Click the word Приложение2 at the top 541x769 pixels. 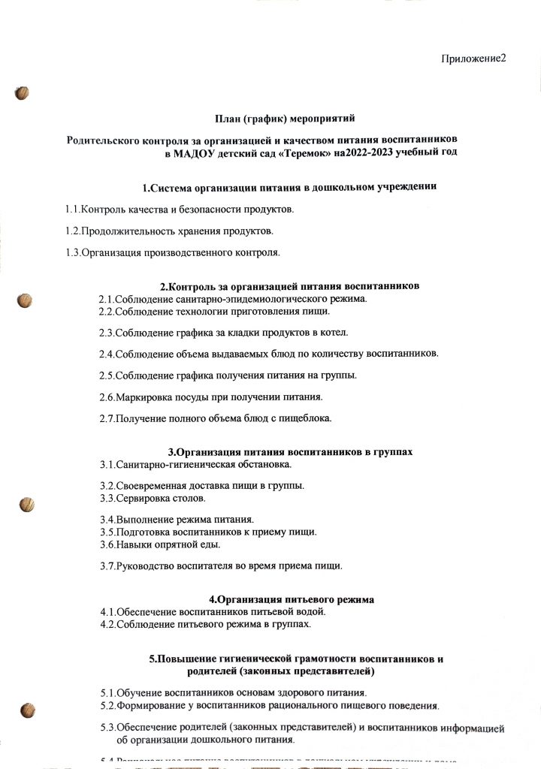473,59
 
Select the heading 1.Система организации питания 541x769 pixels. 290,187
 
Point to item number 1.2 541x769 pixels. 72,230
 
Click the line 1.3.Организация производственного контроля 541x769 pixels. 173,252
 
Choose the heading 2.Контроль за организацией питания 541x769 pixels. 290,286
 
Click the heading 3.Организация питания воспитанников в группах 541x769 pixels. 290,452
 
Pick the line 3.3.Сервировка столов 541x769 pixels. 153,498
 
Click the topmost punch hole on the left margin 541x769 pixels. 23,93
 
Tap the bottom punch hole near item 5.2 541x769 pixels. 29,709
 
